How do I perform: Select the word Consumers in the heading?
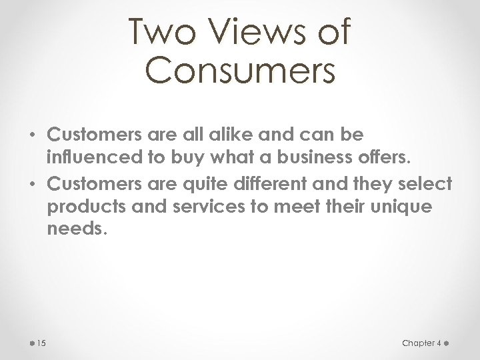pyautogui.click(x=240, y=70)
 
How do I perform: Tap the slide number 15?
pyautogui.click(x=41, y=343)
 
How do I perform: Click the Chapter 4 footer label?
pyautogui.click(x=421, y=343)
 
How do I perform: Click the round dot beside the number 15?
pyautogui.click(x=32, y=343)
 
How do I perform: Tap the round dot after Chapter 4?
pyautogui.click(x=447, y=343)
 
